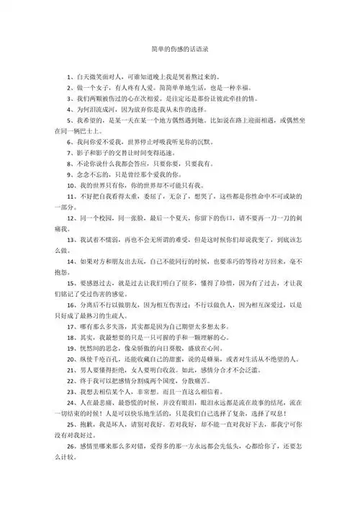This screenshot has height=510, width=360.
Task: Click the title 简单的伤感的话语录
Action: [x=180, y=50]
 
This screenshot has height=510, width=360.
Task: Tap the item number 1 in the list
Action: [x=67, y=76]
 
